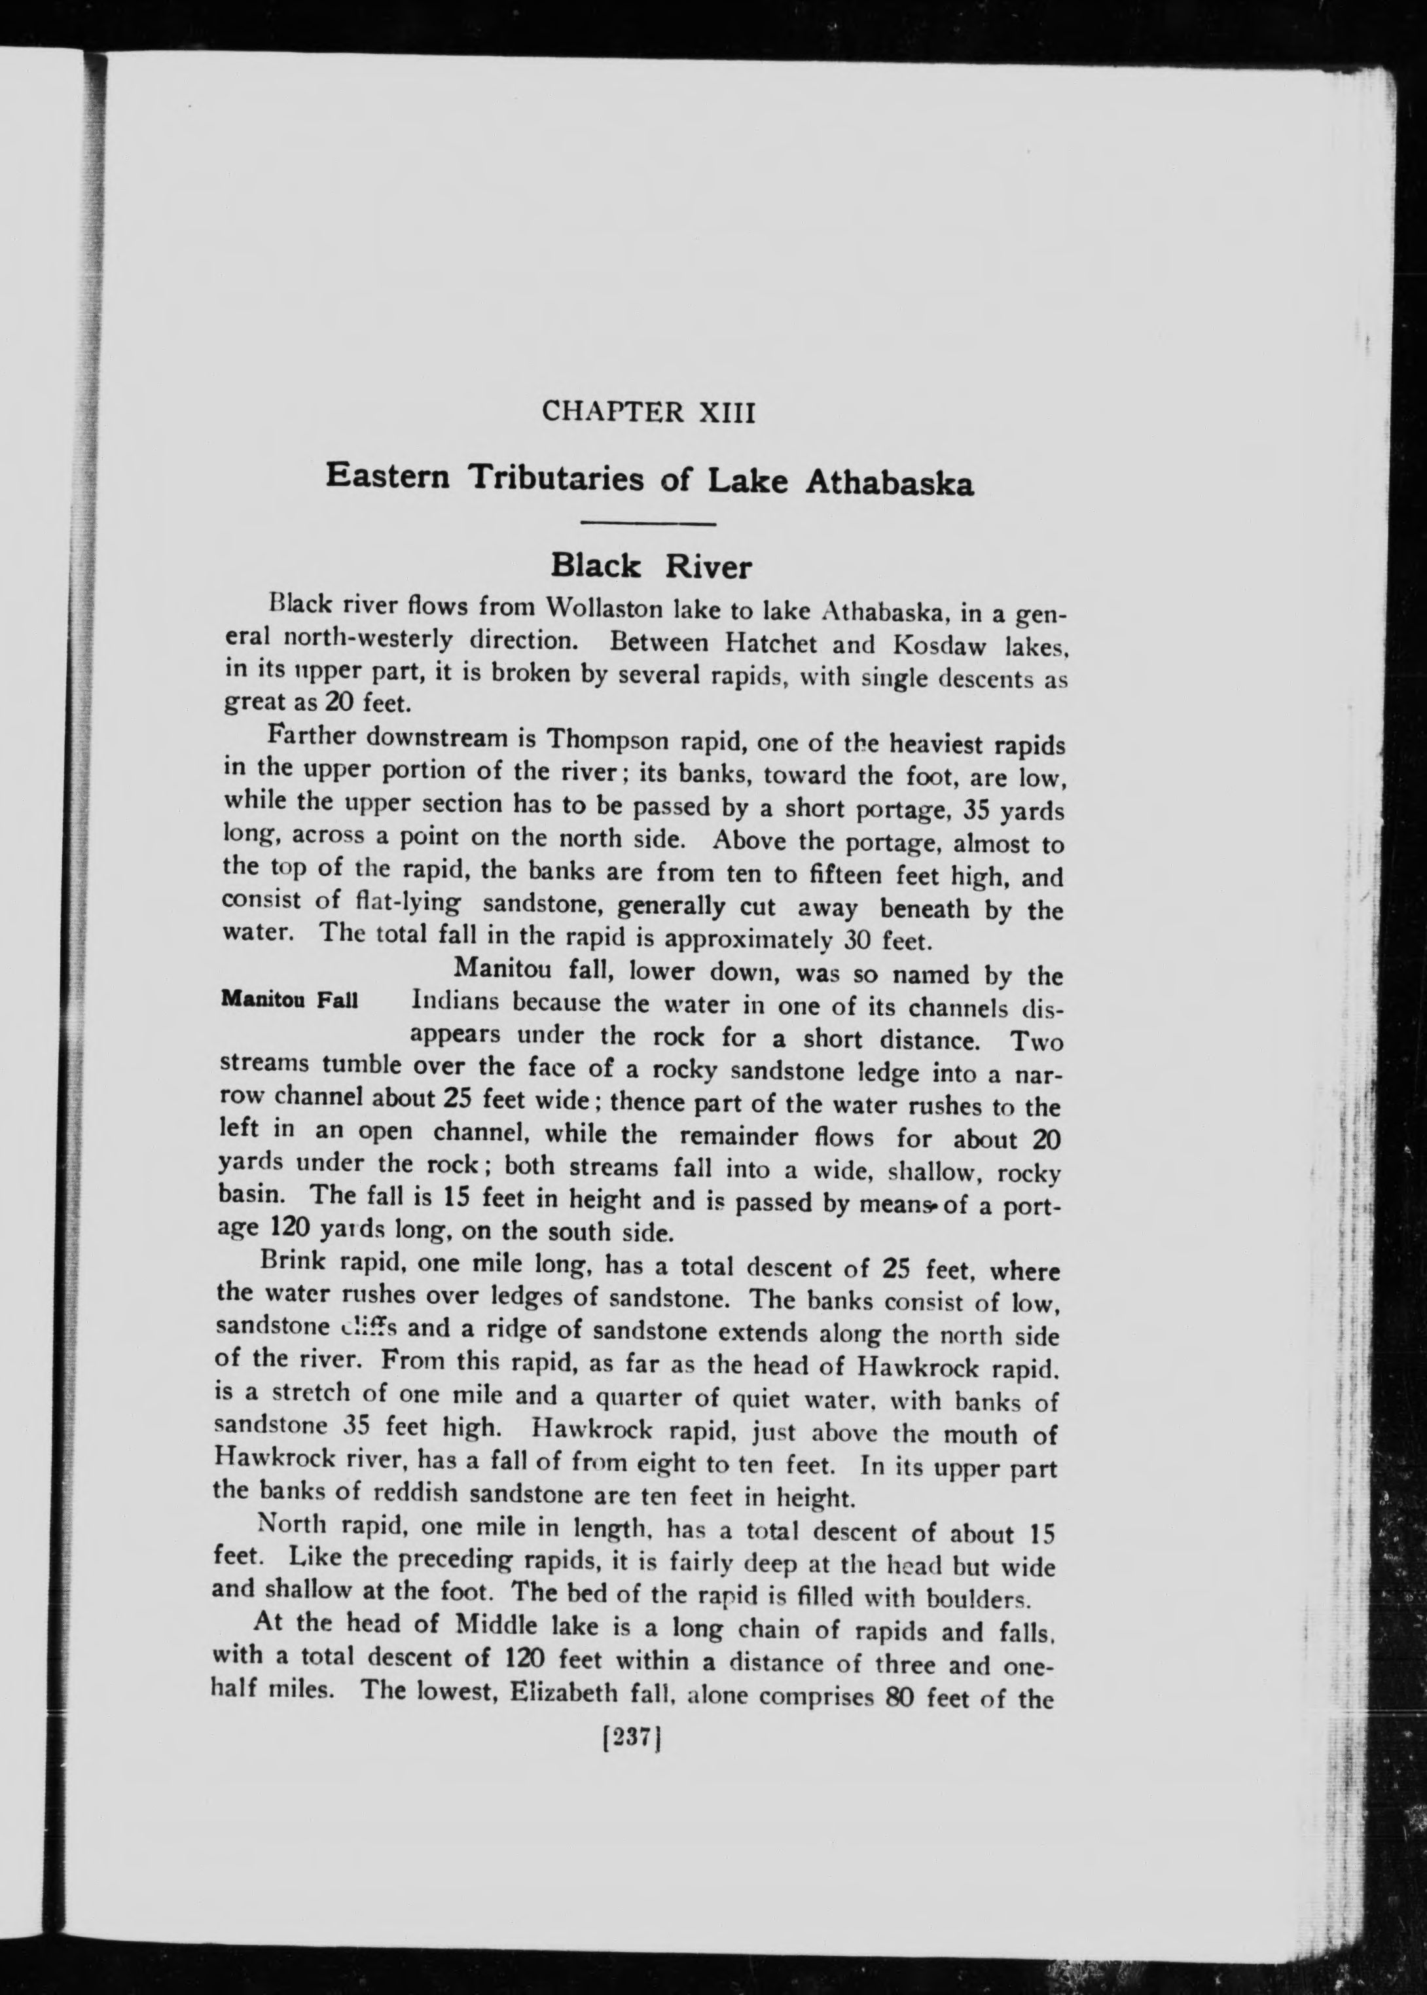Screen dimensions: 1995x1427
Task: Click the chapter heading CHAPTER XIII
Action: coord(649,411)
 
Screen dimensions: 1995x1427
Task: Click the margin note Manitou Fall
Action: coord(289,999)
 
